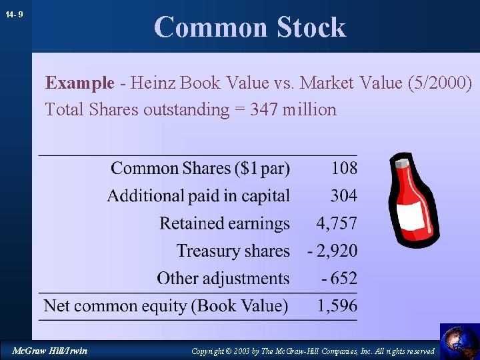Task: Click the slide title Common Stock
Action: pyautogui.click(x=250, y=27)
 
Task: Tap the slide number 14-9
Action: pyautogui.click(x=14, y=14)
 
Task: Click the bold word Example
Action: pyautogui.click(x=80, y=83)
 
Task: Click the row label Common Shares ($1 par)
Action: pyautogui.click(x=200, y=168)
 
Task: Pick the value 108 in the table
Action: pyautogui.click(x=344, y=168)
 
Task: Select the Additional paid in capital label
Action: pyautogui.click(x=198, y=196)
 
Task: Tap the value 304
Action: pyautogui.click(x=344, y=196)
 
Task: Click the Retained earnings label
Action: pyautogui.click(x=225, y=223)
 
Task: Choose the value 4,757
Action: pyautogui.click(x=337, y=223)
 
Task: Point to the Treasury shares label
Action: pyautogui.click(x=233, y=251)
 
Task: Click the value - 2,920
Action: pyautogui.click(x=332, y=251)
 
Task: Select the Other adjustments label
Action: pyautogui.click(x=223, y=278)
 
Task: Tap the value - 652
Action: pyautogui.click(x=339, y=278)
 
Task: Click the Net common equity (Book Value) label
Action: pyautogui.click(x=166, y=306)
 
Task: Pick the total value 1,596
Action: pyautogui.click(x=337, y=306)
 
